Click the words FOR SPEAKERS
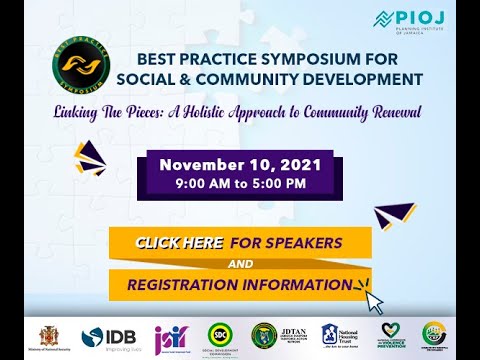[x=286, y=243]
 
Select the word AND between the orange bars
[x=240, y=264]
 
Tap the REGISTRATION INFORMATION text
[x=240, y=285]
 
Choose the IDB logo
[x=106, y=337]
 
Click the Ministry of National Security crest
[x=48, y=334]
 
